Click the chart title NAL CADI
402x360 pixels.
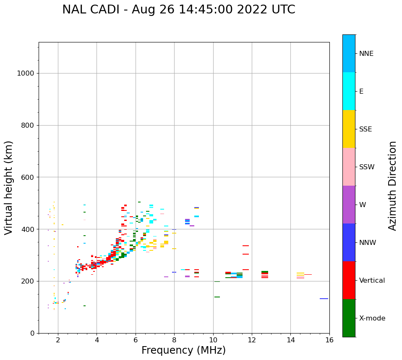(178, 10)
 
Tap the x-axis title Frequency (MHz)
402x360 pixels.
(183, 350)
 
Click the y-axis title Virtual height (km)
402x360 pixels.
(9, 188)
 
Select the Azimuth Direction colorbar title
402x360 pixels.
(392, 186)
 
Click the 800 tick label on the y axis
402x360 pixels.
(28, 126)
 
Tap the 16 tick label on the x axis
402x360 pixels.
(329, 340)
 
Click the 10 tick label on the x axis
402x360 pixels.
(213, 340)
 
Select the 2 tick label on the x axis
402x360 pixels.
(58, 340)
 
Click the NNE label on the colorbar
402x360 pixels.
(366, 54)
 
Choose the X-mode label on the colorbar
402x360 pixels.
(372, 318)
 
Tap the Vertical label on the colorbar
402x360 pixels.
(372, 281)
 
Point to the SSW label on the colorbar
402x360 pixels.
(367, 167)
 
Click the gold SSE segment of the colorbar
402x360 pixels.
(349, 129)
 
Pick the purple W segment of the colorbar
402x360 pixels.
(349, 205)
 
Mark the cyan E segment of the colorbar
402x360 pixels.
(349, 91)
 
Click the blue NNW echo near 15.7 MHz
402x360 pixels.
(324, 299)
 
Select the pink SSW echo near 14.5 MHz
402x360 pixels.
(300, 278)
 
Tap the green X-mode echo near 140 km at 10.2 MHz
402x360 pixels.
(217, 297)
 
